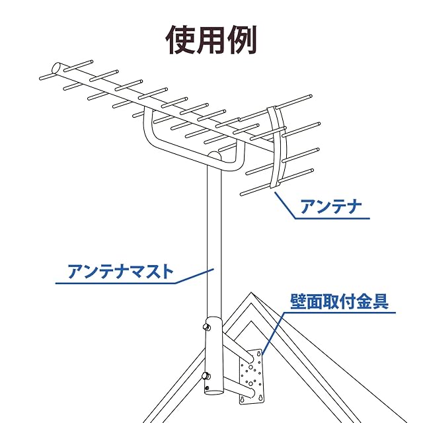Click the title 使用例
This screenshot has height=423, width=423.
(211, 40)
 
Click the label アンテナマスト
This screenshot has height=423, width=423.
(120, 272)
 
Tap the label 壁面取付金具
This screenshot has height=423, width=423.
(339, 301)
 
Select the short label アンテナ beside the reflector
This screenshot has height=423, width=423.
(330, 207)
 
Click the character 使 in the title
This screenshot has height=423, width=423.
(180, 40)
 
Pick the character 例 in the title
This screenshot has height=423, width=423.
(242, 40)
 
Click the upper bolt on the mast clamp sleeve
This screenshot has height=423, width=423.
(207, 327)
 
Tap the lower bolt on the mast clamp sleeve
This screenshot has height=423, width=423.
(206, 376)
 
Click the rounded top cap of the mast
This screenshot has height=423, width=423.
(215, 155)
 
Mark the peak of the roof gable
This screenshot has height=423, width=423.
(251, 292)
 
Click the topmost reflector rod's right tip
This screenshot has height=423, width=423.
(311, 96)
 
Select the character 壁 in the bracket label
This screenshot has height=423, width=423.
(298, 301)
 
